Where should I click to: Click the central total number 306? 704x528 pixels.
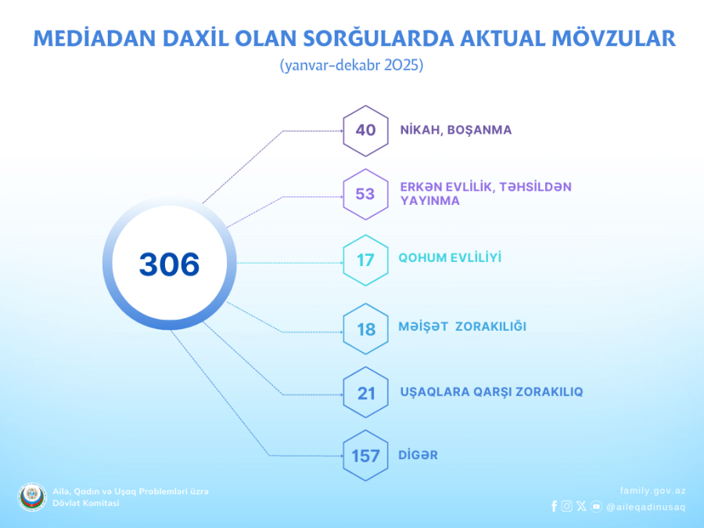169,264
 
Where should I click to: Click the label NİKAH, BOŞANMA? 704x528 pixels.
456,130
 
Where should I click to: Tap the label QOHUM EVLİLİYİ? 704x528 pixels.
450,257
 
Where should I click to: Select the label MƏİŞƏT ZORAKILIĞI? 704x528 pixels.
462,326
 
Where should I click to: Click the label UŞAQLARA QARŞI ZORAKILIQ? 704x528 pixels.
491,392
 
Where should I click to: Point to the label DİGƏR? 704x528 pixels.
418,454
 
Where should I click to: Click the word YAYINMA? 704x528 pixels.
430,201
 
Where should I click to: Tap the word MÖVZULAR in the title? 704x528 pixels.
613,38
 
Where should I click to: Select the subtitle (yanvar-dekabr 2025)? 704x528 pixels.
351,66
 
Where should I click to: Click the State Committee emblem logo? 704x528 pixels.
32,497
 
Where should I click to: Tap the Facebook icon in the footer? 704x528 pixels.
554,506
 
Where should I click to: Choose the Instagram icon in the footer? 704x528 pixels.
567,506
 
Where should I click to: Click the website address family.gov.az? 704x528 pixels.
653,490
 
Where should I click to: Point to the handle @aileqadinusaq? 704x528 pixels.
645,507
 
